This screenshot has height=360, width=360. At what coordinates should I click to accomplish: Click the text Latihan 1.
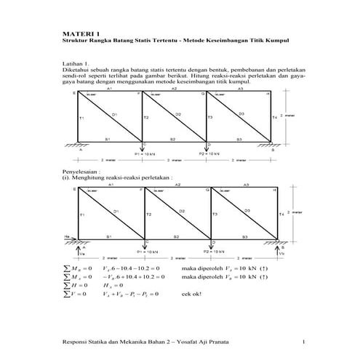pyautogui.click(x=77, y=64)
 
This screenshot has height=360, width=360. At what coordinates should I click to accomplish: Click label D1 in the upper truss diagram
pyautogui.click(x=114, y=115)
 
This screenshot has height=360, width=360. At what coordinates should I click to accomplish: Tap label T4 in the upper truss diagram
pyautogui.click(x=274, y=117)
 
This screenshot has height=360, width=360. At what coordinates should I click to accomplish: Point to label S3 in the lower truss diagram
pyautogui.click(x=245, y=236)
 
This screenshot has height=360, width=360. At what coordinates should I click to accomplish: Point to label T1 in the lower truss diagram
pyautogui.click(x=82, y=215)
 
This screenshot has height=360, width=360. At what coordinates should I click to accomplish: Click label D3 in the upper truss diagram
pyautogui.click(x=241, y=114)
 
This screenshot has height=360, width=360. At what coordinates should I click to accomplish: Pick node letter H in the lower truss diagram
pyautogui.click(x=274, y=190)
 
